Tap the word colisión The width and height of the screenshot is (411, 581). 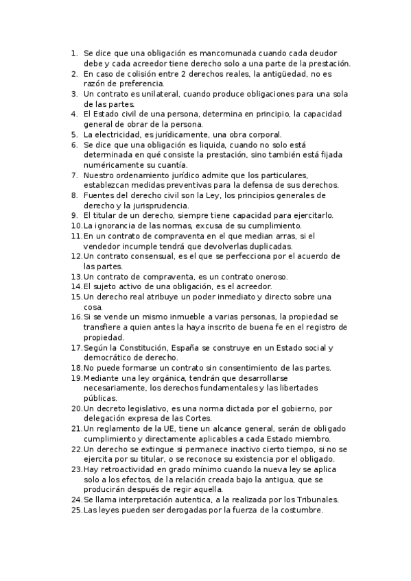click(x=143, y=73)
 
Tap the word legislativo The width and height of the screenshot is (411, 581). click(x=137, y=408)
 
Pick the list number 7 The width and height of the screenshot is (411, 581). click(x=74, y=175)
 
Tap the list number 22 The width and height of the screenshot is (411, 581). click(x=75, y=449)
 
